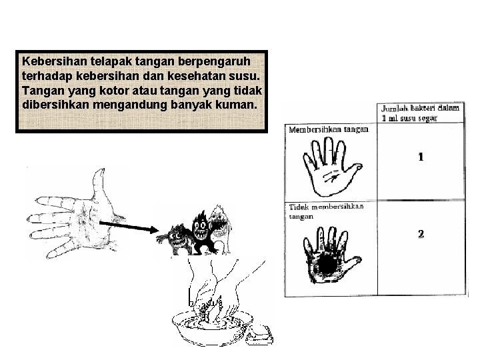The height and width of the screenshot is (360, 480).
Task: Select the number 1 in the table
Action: (x=421, y=157)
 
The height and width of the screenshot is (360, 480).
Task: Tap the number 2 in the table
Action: (x=421, y=234)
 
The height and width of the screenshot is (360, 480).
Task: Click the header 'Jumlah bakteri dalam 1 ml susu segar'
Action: (x=419, y=113)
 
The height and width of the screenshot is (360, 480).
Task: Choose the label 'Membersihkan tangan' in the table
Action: (x=328, y=130)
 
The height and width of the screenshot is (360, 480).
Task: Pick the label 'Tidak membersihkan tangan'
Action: (x=326, y=211)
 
